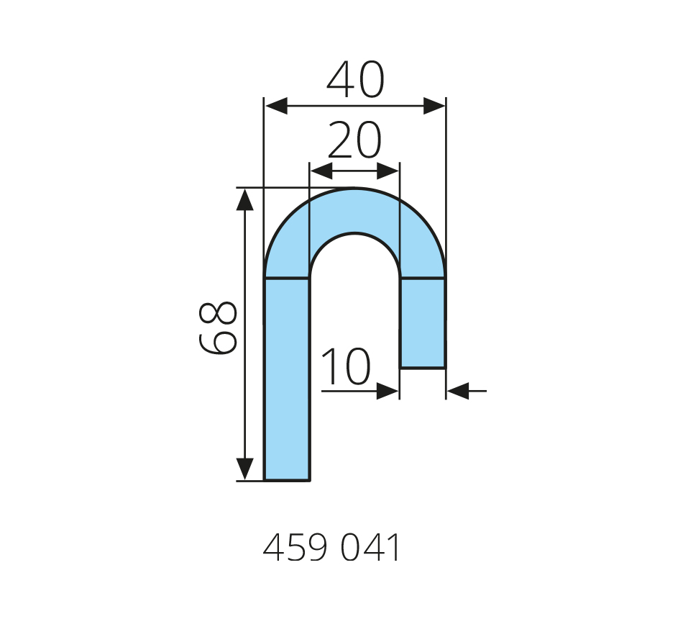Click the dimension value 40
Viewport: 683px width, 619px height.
355,80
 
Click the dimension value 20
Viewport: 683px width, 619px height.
354,140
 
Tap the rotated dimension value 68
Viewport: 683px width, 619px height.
217,327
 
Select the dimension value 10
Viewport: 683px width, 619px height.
347,366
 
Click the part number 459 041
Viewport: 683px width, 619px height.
331,548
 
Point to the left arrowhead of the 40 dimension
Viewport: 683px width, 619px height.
276,106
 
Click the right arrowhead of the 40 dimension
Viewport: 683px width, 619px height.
434,106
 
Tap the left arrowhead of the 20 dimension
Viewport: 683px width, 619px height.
321,171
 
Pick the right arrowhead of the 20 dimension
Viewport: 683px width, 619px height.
388,171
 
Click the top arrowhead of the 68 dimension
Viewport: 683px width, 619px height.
244,200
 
